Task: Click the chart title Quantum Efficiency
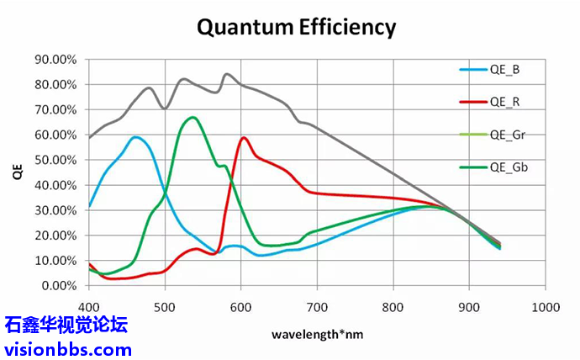coord(296,26)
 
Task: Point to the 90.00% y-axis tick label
coord(55,59)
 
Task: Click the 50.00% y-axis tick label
coord(55,160)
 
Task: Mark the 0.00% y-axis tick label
coord(59,286)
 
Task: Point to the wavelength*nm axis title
coord(317,334)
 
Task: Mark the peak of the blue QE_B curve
coord(135,136)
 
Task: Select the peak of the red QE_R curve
coord(244,137)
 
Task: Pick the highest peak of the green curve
coord(193,117)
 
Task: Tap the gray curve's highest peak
coord(226,74)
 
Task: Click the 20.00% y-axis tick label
coord(55,236)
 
